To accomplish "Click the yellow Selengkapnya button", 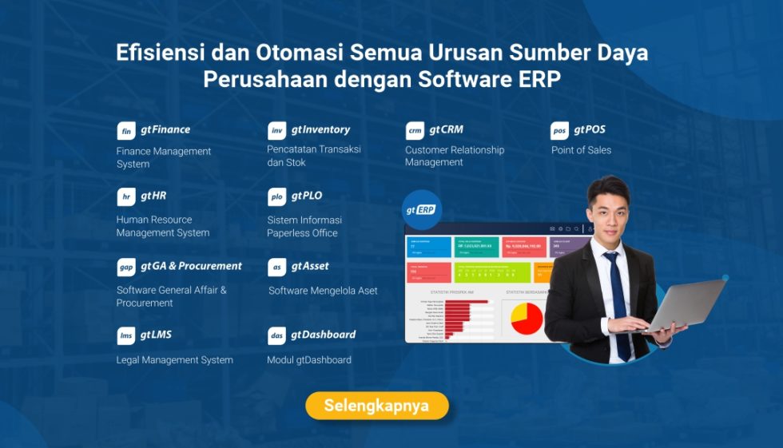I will pyautogui.click(x=376, y=406).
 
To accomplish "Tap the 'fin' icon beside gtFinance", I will pyautogui.click(x=126, y=131).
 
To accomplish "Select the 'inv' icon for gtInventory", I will pyautogui.click(x=277, y=131).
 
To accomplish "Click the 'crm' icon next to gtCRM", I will pyautogui.click(x=415, y=131).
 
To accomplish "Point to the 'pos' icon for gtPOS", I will pyautogui.click(x=560, y=131).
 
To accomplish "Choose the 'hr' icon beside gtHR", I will pyautogui.click(x=126, y=197).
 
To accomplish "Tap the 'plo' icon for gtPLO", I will pyautogui.click(x=277, y=197).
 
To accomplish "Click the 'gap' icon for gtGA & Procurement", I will pyautogui.click(x=126, y=268).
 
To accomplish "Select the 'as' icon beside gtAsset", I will pyautogui.click(x=277, y=268).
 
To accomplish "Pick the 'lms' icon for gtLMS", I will pyautogui.click(x=126, y=336).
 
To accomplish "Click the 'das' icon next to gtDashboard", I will pyautogui.click(x=277, y=336).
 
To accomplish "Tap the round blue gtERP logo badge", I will pyautogui.click(x=423, y=210).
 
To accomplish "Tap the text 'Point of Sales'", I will pyautogui.click(x=581, y=150).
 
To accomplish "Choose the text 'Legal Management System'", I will pyautogui.click(x=175, y=360).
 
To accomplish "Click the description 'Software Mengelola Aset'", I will pyautogui.click(x=323, y=291).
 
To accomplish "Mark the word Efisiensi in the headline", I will pyautogui.click(x=162, y=53).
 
